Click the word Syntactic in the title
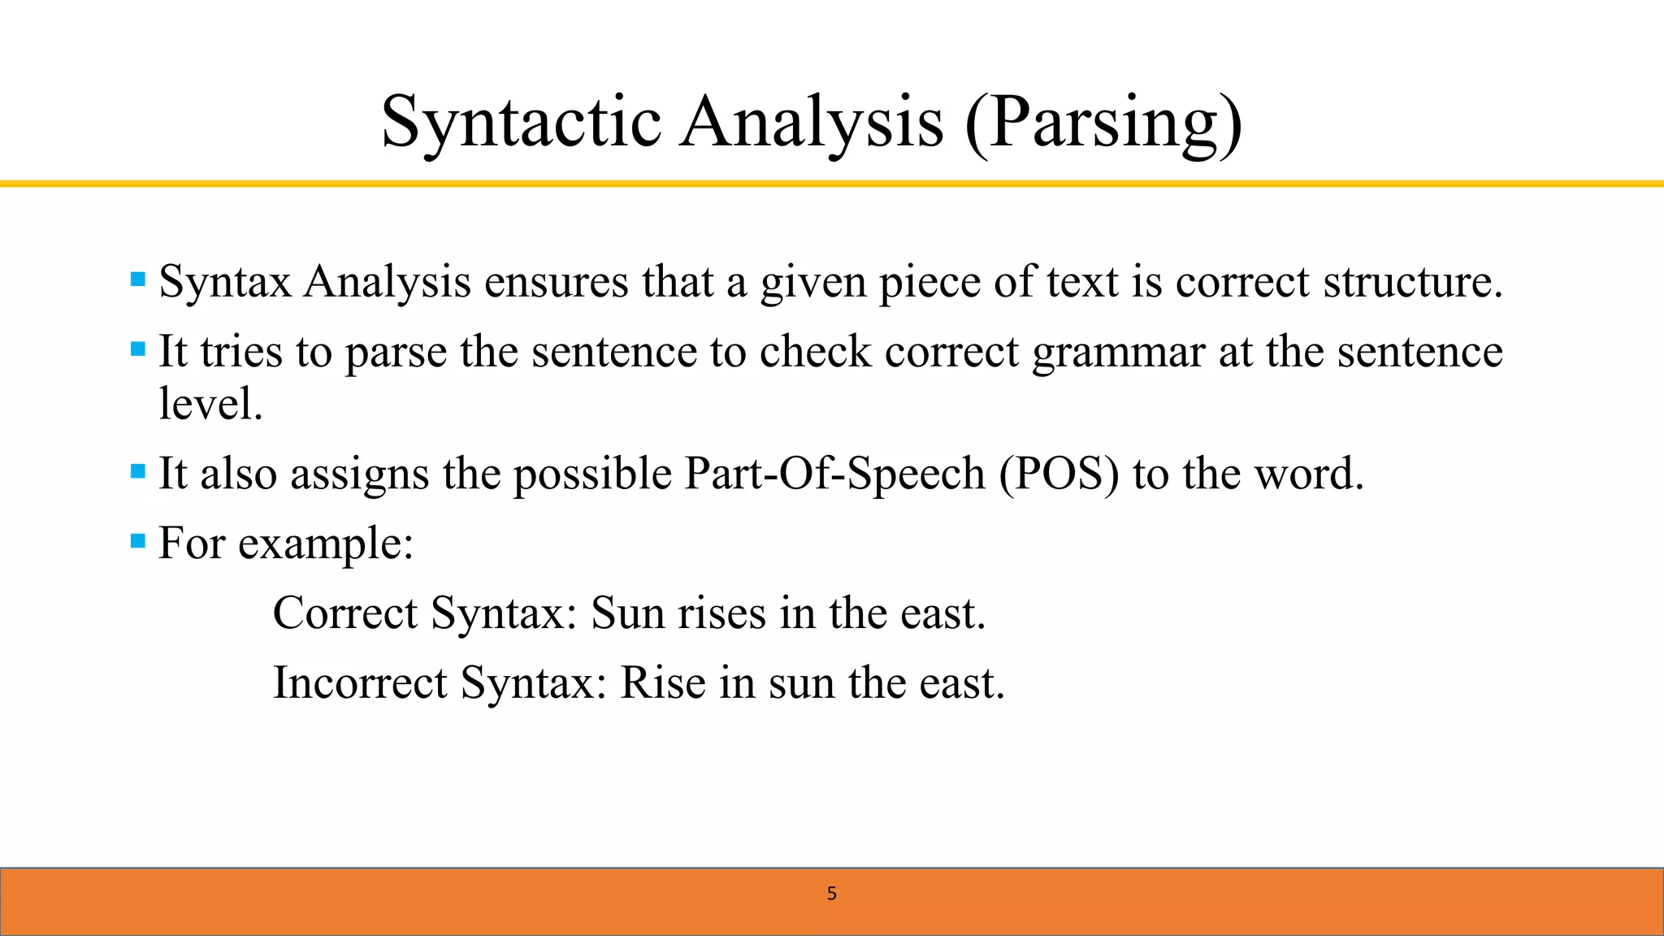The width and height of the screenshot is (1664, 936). pos(521,122)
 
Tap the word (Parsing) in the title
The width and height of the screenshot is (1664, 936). pos(1103,122)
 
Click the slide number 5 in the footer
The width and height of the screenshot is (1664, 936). pos(831,894)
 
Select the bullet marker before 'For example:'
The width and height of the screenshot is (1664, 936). pos(138,540)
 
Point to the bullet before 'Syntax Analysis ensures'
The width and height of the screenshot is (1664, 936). pos(138,280)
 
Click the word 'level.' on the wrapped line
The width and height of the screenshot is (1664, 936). pos(210,404)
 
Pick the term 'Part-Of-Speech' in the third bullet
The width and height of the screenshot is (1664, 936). pos(834,474)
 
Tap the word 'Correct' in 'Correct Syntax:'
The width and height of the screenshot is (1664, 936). pos(344,613)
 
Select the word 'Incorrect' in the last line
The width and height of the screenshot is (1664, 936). pos(360,682)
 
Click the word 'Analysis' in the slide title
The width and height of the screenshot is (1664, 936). pos(812,122)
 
